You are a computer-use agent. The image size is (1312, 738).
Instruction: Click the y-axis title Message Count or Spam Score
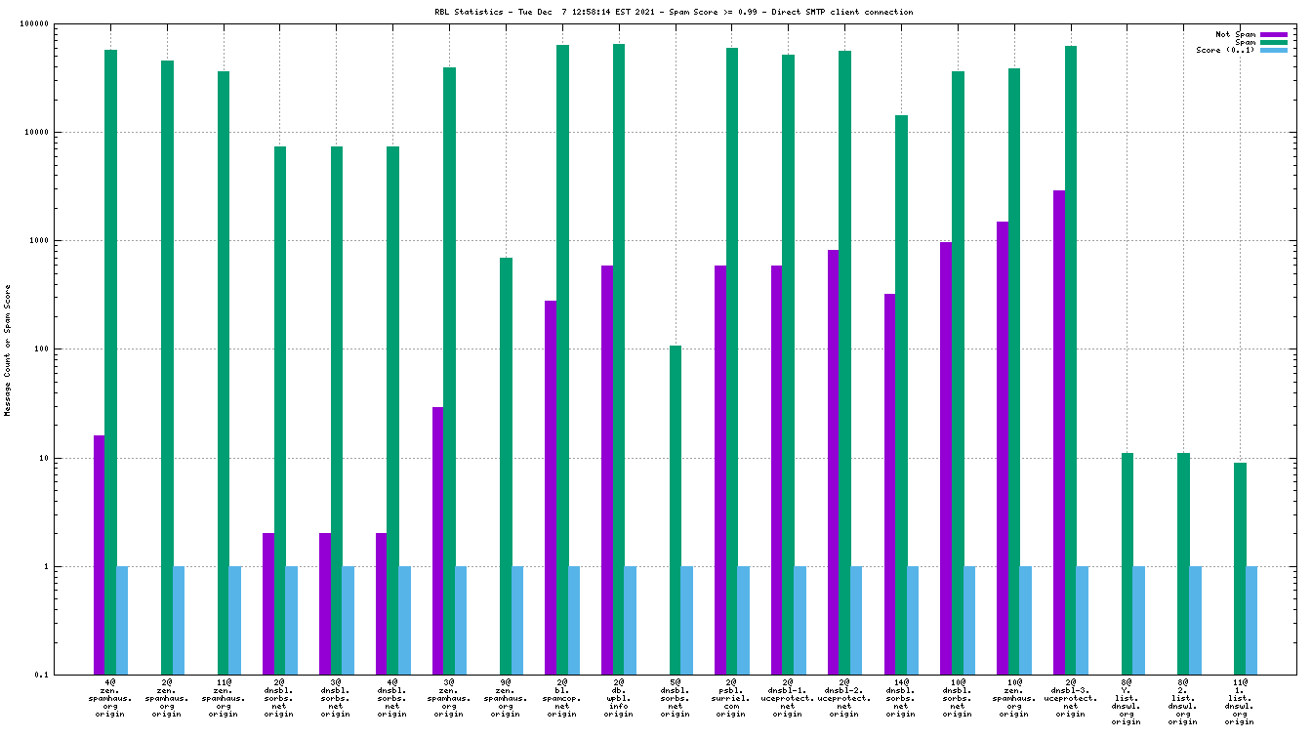pos(8,350)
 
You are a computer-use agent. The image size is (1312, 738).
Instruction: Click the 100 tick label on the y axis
pos(66,349)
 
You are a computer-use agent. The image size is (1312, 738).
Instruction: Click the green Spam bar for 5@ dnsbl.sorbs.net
pos(676,508)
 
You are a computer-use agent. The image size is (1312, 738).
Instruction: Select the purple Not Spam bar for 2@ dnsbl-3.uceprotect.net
pos(1059,430)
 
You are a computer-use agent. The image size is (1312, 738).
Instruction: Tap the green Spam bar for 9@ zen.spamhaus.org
pos(506,465)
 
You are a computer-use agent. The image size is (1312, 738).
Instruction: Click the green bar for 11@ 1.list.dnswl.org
pos(1240,566)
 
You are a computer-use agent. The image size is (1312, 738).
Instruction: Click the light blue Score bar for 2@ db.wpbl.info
pos(630,620)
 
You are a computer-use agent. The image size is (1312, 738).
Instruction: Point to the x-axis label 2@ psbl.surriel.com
pos(731,697)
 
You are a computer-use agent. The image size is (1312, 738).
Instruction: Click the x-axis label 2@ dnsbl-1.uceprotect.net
pos(788,697)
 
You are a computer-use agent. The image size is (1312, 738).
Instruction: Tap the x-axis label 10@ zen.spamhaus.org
pos(1014,697)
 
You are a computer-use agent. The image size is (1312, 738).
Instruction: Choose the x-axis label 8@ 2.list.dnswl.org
pos(1183,701)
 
